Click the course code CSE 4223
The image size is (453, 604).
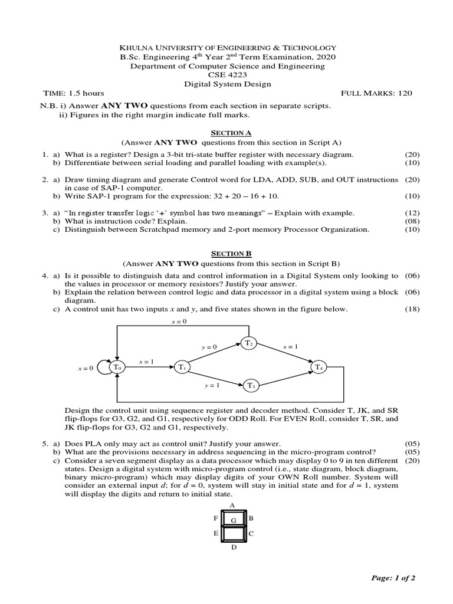pos(227,75)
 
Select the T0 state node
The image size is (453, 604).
pos(118,367)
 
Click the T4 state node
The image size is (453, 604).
pos(319,367)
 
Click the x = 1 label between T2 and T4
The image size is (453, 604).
pos(290,347)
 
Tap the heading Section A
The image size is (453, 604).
pos(227,133)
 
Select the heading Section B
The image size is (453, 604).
pos(227,254)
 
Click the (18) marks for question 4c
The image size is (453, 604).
pos(412,309)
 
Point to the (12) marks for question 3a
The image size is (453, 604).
pos(412,212)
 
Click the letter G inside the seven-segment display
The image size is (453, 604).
pos(233,520)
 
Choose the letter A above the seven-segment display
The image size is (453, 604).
pos(232,505)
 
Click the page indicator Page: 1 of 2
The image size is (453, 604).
pos(393,578)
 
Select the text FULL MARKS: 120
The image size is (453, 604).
pos(377,93)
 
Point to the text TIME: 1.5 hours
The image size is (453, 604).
pos(74,93)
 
